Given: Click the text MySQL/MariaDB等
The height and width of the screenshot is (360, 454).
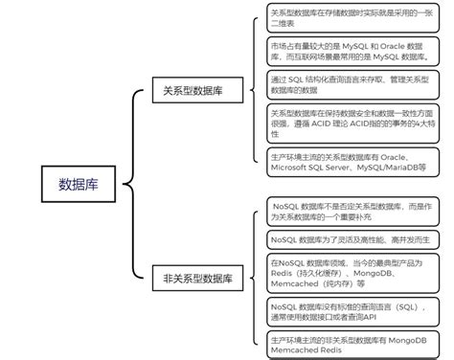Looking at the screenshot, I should (x=391, y=167).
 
